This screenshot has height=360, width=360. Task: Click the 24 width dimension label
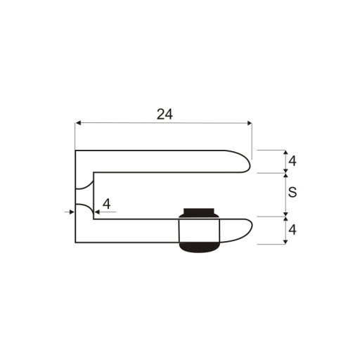click(165, 114)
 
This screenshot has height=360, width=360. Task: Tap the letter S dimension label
click(292, 192)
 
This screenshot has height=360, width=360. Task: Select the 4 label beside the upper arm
click(292, 161)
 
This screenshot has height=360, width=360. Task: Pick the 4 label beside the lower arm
click(292, 230)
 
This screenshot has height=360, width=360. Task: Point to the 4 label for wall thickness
click(107, 204)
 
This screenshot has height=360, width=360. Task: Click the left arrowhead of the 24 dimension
click(78, 123)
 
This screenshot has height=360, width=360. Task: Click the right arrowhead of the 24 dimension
click(249, 123)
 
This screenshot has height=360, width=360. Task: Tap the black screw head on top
click(199, 212)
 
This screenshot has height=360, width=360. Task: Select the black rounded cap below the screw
click(199, 247)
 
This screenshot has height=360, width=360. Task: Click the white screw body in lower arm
click(199, 230)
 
